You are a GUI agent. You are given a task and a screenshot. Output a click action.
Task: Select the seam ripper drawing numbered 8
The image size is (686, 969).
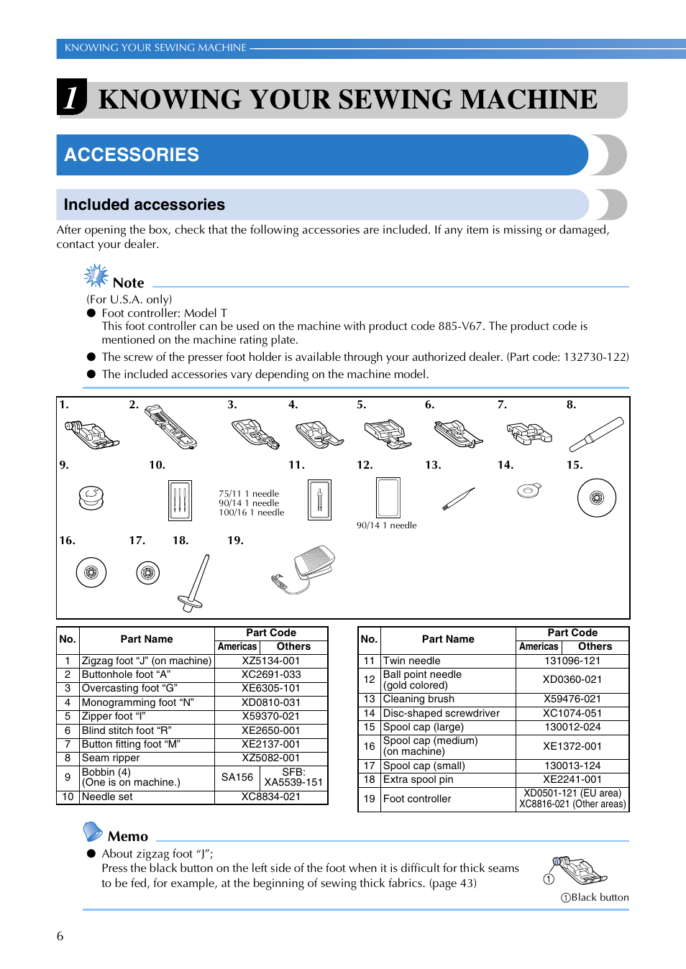pyautogui.click(x=596, y=433)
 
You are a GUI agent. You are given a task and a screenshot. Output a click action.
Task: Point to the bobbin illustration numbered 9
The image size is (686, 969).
pyautogui.click(x=91, y=497)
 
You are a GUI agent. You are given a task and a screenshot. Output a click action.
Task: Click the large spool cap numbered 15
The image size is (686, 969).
pyautogui.click(x=596, y=497)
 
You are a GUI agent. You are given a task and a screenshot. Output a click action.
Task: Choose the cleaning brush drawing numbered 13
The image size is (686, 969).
pyautogui.click(x=458, y=498)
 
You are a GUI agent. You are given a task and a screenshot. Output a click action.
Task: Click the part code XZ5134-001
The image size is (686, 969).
pyautogui.click(x=270, y=661)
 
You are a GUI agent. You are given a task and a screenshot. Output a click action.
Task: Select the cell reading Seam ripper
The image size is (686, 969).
pyautogui.click(x=111, y=758)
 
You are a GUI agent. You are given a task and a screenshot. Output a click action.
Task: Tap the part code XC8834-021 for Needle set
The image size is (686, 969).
pyautogui.click(x=270, y=796)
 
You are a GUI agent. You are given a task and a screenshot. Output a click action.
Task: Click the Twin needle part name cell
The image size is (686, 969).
pyautogui.click(x=412, y=661)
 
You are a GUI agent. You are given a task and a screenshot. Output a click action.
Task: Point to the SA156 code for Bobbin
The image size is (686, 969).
pyautogui.click(x=237, y=777)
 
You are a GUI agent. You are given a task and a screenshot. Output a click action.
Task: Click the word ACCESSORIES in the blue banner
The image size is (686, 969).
pyautogui.click(x=132, y=155)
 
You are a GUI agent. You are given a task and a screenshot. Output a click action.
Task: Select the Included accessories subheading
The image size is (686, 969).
pyautogui.click(x=144, y=205)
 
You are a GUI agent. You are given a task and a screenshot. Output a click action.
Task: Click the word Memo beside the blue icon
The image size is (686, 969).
pyautogui.click(x=127, y=836)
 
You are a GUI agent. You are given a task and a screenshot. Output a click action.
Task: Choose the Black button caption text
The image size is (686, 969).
pyautogui.click(x=599, y=897)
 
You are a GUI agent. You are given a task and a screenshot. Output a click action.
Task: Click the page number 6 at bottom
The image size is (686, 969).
pyautogui.click(x=60, y=936)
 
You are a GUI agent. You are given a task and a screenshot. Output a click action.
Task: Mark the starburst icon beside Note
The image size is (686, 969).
pyautogui.click(x=96, y=275)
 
